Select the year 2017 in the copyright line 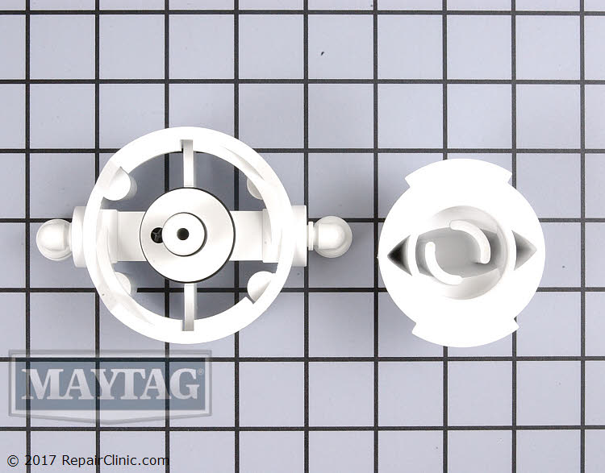pos(36,462)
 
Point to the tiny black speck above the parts pos(322,54)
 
